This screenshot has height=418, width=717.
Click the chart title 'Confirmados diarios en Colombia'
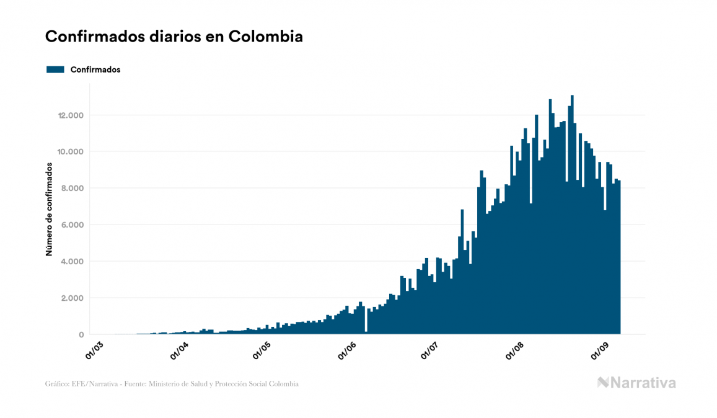[174, 37]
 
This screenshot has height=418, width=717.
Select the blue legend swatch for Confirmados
[56, 69]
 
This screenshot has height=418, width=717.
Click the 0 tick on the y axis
[81, 335]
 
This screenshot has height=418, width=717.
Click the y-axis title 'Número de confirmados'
[49, 210]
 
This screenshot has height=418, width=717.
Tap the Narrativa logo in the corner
[636, 383]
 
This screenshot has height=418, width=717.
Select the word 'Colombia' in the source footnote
[284, 385]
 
